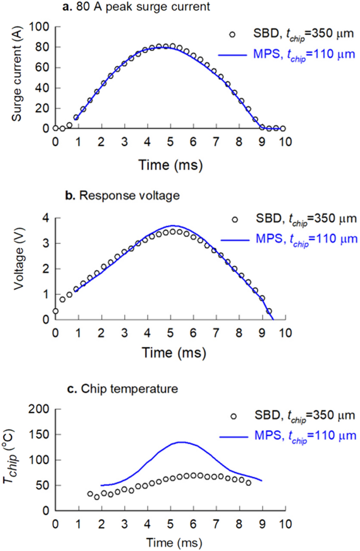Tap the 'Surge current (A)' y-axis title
tap(16, 74)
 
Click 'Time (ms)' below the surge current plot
tap(170, 165)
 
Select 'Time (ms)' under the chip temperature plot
tap(174, 543)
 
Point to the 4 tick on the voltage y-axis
tap(46, 218)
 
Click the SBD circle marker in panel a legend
tap(232, 35)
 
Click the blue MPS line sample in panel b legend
tap(235, 240)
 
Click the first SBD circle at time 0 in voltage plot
tap(55, 311)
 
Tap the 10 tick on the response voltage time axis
tap(284, 333)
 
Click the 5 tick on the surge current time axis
tap(170, 142)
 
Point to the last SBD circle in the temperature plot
tap(248, 483)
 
